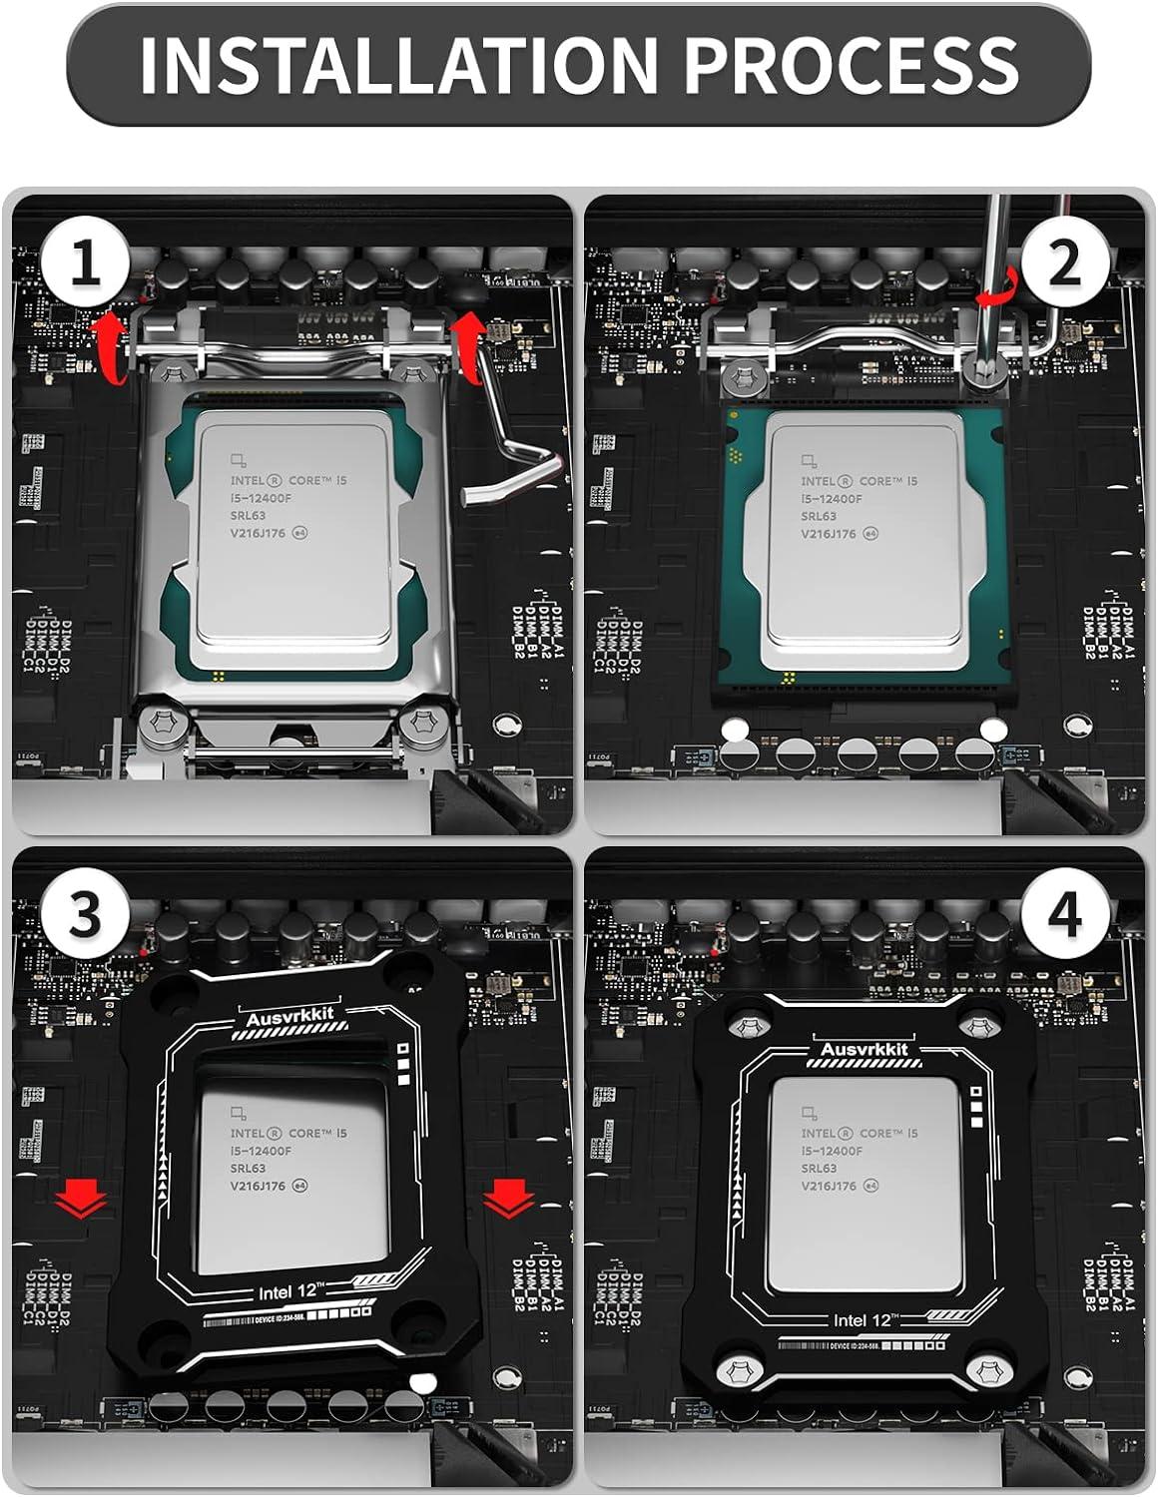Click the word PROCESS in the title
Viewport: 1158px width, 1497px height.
851,64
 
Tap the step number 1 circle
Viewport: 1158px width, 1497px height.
85,264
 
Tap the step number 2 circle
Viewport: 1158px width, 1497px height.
1064,264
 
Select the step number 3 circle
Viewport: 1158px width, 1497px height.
85,914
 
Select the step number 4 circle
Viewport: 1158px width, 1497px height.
1064,914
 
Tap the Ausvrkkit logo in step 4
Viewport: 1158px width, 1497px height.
864,1049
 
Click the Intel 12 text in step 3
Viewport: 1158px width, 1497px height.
289,1291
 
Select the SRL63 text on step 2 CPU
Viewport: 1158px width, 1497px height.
819,516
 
